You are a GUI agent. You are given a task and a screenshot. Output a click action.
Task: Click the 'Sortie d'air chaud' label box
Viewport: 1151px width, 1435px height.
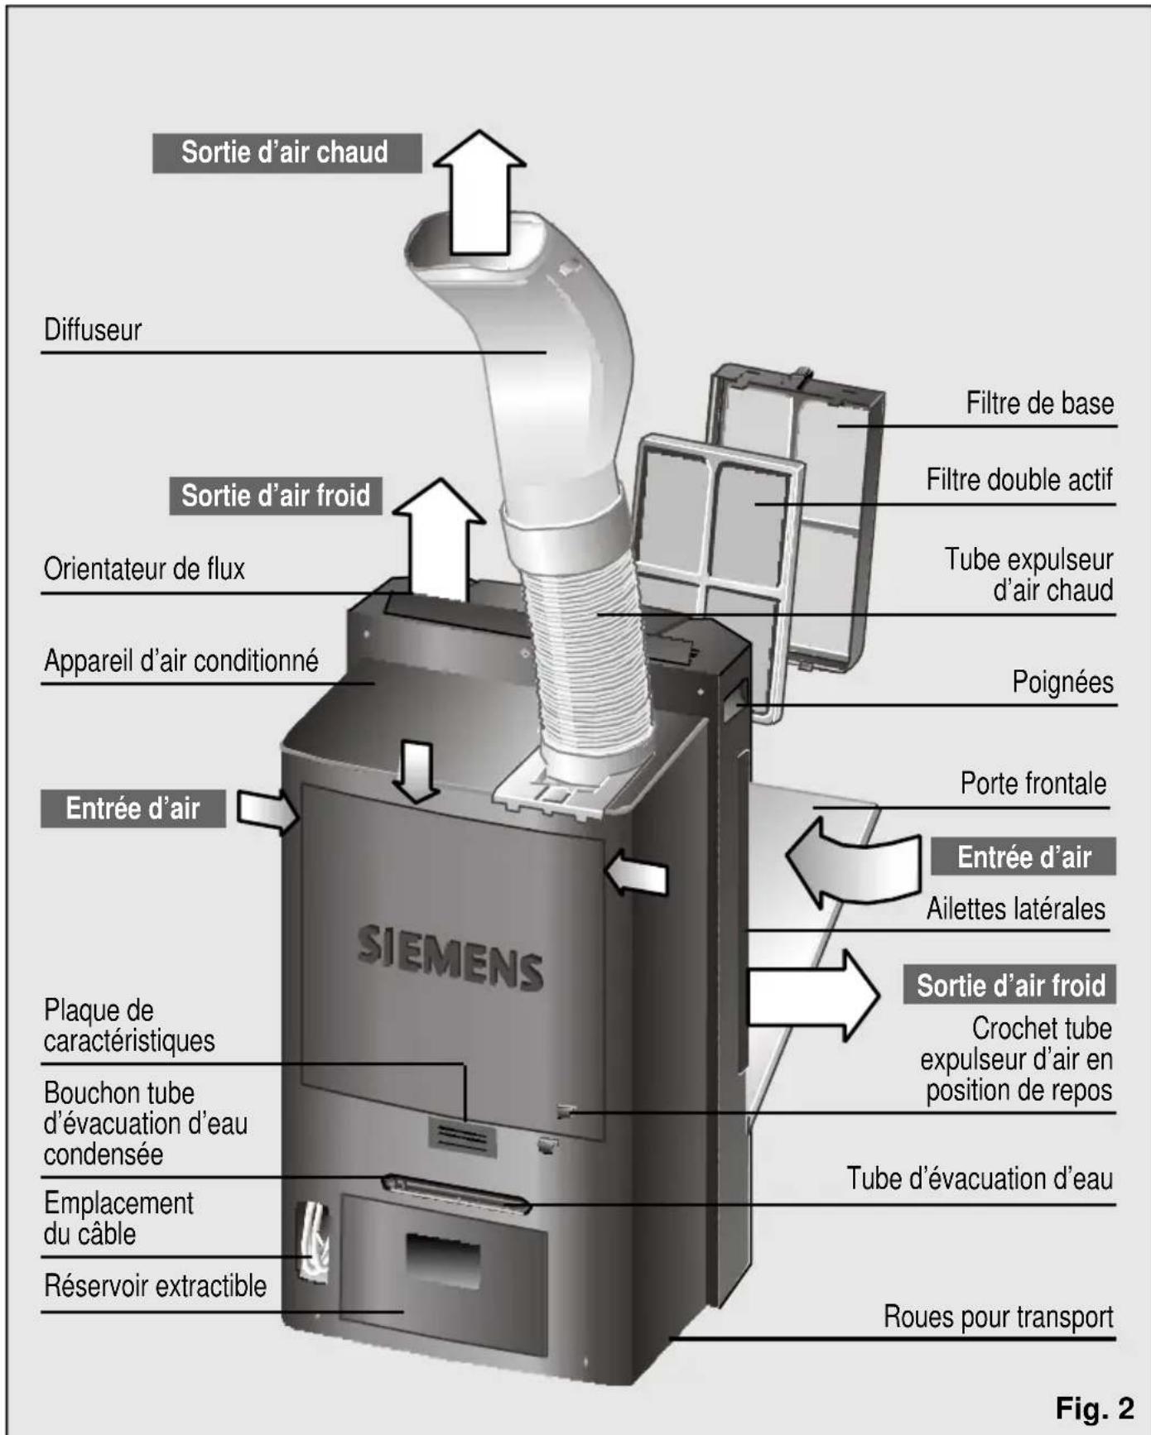(x=287, y=153)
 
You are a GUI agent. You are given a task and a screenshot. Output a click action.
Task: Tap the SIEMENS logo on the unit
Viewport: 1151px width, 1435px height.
(x=450, y=958)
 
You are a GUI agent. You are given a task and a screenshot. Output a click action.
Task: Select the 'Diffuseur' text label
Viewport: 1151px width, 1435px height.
(x=93, y=330)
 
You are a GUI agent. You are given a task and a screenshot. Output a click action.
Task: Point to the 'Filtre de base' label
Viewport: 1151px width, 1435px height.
(x=1039, y=404)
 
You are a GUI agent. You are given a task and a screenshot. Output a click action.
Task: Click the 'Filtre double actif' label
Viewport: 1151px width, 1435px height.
(x=1019, y=480)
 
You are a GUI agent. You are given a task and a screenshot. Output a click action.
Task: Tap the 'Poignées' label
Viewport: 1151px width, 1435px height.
(x=1062, y=683)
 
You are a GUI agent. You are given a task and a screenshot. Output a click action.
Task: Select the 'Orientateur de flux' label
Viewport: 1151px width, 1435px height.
(x=144, y=569)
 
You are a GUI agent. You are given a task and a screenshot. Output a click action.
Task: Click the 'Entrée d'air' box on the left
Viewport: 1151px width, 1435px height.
(x=132, y=809)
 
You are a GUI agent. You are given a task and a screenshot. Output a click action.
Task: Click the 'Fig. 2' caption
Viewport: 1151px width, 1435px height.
(x=1094, y=1408)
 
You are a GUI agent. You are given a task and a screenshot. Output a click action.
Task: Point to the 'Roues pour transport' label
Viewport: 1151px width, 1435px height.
(x=998, y=1317)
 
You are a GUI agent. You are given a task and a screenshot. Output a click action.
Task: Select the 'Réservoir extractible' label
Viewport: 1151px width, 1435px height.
(x=155, y=1286)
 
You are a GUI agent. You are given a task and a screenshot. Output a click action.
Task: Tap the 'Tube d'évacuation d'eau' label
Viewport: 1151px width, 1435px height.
(x=979, y=1178)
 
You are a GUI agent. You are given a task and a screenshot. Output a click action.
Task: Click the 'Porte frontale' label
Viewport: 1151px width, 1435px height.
(x=1033, y=783)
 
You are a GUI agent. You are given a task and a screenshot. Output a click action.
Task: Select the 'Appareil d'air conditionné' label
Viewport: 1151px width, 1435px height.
(x=181, y=661)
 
